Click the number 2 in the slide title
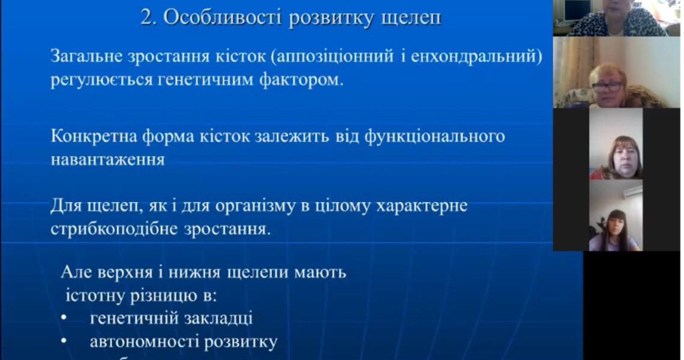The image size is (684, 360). [x=146, y=17]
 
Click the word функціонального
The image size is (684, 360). [x=434, y=137]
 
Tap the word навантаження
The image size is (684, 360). [x=107, y=160]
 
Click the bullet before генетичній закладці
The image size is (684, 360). [x=65, y=319]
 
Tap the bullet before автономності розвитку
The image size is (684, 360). [x=65, y=342]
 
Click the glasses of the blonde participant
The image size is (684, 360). [x=607, y=86]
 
